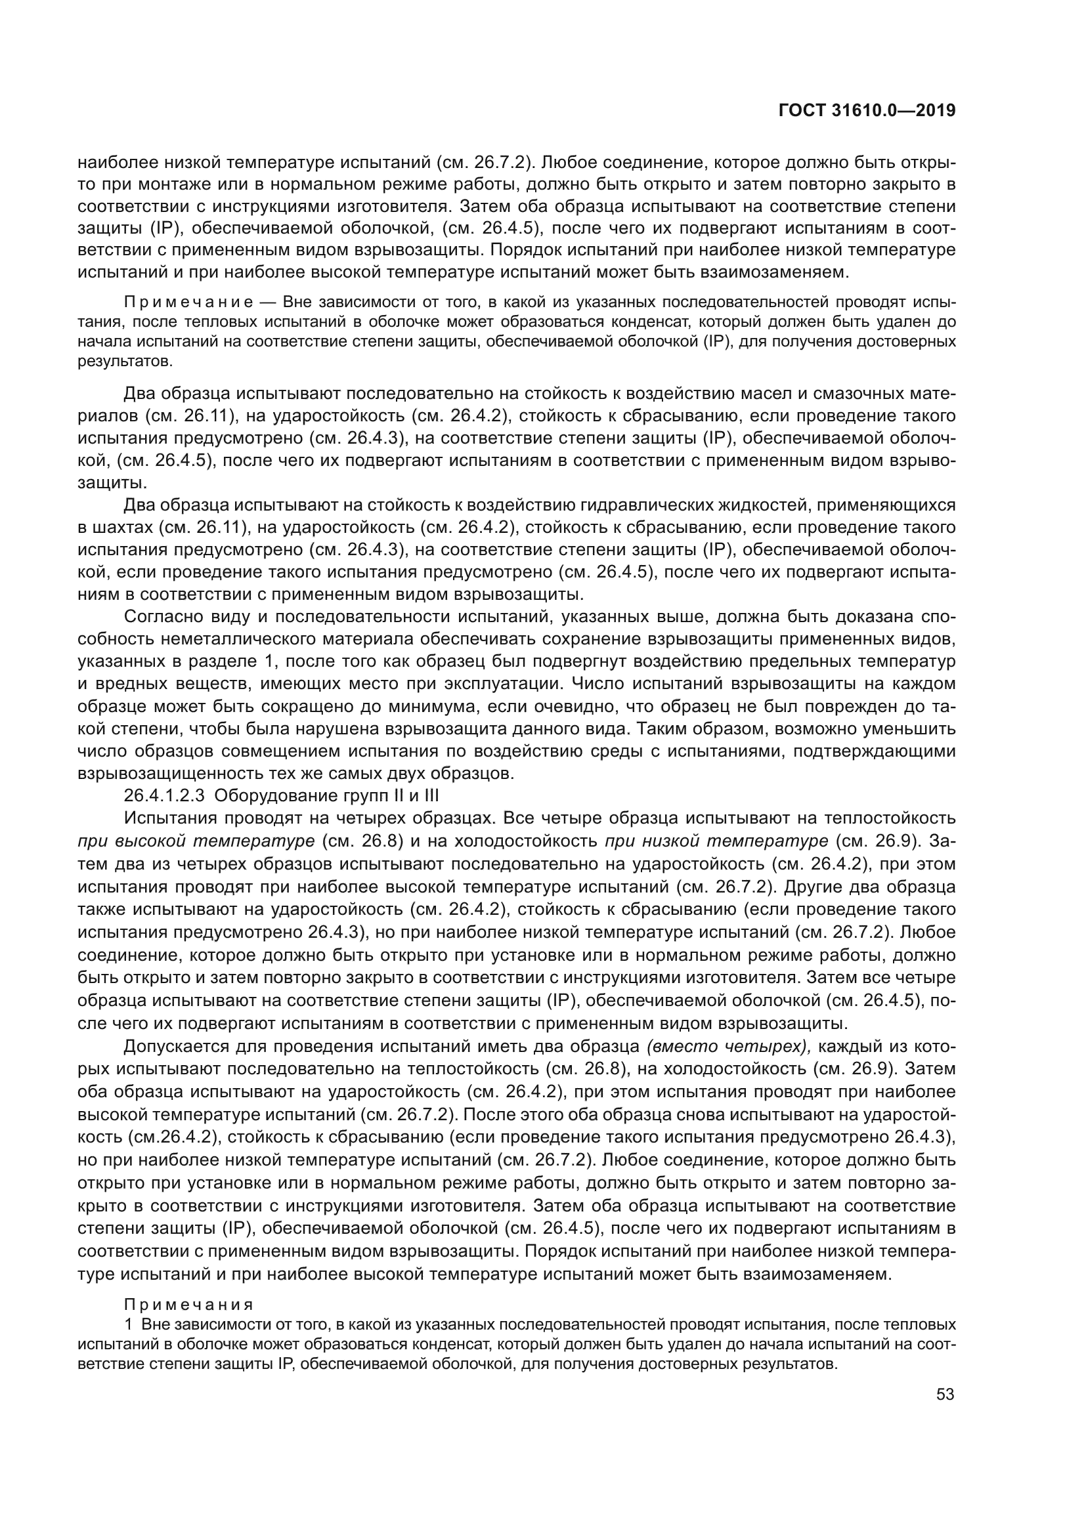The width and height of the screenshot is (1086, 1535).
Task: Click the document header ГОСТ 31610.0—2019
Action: coord(867,111)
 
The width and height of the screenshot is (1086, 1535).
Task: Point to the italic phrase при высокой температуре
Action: coord(196,841)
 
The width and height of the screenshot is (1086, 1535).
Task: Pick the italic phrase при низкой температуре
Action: coord(716,841)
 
